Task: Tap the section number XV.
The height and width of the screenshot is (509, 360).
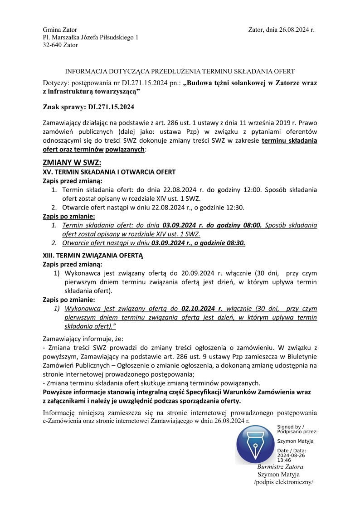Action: coord(47,172)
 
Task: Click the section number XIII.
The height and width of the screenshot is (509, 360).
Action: coord(48,255)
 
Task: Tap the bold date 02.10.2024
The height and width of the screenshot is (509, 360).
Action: coord(199,309)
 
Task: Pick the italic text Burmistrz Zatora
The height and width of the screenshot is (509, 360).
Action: coord(280,467)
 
